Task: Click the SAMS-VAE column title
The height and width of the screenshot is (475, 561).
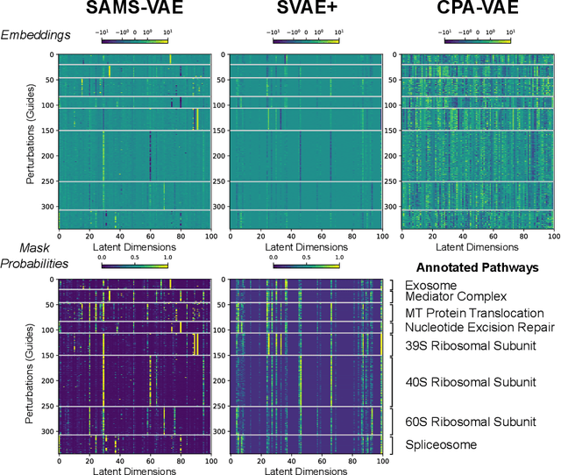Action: point(133,11)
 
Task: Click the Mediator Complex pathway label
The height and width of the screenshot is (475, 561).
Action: point(455,298)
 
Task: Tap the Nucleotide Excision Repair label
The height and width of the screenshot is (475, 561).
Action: point(479,328)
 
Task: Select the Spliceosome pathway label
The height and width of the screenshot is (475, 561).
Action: point(440,444)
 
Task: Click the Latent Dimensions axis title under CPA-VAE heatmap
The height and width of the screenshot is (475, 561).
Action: point(478,248)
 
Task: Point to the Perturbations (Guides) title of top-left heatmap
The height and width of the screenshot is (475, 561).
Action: point(31,145)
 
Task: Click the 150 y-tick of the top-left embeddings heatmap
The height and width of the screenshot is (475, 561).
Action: point(47,131)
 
